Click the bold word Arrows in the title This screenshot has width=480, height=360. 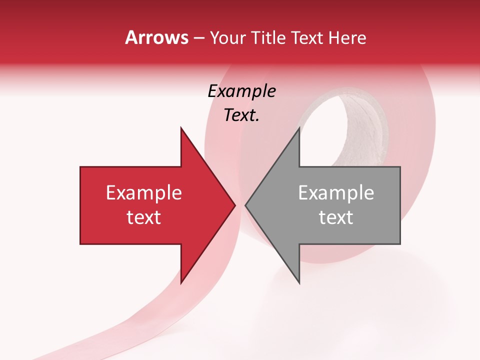(156, 38)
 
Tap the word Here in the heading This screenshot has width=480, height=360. (347, 38)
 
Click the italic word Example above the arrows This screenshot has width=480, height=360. (241, 91)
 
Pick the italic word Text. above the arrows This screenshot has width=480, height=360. (241, 115)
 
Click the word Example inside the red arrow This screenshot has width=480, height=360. (144, 193)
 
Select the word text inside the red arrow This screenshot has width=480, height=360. (144, 217)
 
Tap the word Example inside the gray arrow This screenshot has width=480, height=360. (336, 193)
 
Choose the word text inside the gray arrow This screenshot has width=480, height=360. (336, 217)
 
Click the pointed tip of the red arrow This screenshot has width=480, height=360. (234, 205)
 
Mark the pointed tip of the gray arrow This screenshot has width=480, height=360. (246, 205)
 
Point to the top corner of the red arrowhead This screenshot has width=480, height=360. (181, 128)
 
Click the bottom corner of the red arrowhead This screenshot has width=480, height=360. (181, 282)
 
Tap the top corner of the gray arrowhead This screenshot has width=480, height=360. (299, 128)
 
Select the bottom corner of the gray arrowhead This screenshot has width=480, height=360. (299, 282)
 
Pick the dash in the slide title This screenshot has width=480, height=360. (198, 38)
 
